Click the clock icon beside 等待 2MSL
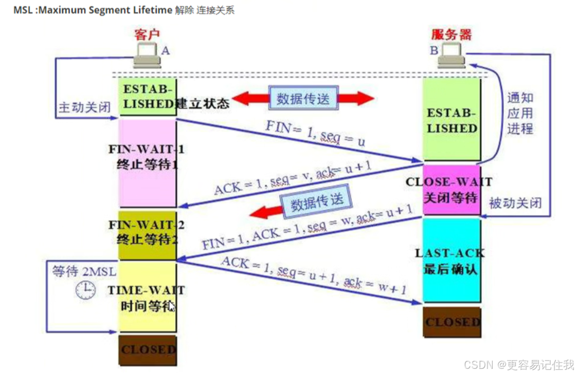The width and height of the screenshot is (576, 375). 85,291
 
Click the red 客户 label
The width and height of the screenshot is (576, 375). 147,34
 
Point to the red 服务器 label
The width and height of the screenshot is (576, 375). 451,34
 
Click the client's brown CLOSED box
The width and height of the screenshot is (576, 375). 148,350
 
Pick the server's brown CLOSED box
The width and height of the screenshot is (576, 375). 452,323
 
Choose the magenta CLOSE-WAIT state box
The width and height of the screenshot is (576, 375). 451,189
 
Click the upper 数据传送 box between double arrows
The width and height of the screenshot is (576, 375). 303,98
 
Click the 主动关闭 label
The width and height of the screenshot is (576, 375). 84,108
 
